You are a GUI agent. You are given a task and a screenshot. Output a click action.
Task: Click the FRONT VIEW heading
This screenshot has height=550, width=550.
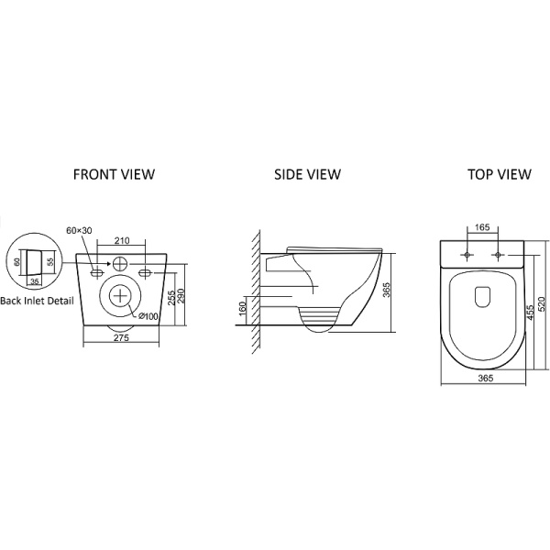coord(114,174)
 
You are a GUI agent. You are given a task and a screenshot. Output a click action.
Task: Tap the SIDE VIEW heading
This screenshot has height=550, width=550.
coord(307,174)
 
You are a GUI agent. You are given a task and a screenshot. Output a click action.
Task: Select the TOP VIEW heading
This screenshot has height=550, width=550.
coord(500,174)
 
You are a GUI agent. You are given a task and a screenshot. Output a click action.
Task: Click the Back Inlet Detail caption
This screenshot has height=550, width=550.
coord(38,301)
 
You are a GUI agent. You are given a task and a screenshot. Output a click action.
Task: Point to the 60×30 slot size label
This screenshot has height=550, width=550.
coord(79,230)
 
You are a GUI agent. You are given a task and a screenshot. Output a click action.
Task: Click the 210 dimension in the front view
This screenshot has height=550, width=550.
coord(122,240)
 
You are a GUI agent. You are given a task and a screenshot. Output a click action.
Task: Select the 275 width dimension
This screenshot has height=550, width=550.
coord(121,337)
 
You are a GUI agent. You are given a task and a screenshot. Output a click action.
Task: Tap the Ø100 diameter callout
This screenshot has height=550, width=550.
coord(148,316)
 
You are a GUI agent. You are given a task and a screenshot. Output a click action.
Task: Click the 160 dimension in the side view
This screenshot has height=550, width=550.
coord(243,309)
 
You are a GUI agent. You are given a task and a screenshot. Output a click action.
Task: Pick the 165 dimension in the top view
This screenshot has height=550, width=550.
coord(482,227)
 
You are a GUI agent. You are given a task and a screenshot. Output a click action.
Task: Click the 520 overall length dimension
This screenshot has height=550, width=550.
coord(541,304)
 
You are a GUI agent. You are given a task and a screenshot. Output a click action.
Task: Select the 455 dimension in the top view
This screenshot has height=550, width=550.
coord(530,313)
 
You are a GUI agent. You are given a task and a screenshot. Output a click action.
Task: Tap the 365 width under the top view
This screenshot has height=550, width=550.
coord(486,378)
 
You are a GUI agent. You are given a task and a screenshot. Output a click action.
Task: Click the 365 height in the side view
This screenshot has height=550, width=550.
coord(386,290)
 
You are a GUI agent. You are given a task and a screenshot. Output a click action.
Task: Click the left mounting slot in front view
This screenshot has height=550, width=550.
coord(97,272)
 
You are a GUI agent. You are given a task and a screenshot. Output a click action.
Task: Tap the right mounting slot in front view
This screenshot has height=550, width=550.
coord(145,272)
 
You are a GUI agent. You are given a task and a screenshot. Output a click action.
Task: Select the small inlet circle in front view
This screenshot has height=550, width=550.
coord(120,264)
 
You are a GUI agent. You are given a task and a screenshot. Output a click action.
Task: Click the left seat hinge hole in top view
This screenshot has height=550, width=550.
coord(467,255)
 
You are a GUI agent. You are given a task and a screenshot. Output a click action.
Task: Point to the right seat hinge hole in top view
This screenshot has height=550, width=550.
coord(498,255)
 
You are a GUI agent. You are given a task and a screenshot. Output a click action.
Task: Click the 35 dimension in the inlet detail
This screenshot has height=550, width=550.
coord(35,281)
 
